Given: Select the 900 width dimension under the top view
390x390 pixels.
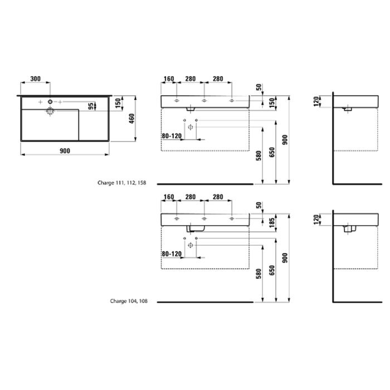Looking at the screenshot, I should click(x=64, y=151).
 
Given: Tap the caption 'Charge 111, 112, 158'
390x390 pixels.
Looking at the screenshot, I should click(x=122, y=182).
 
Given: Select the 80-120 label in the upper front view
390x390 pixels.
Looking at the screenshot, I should click(x=172, y=135).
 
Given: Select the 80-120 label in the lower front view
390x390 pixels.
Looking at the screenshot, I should click(x=172, y=254).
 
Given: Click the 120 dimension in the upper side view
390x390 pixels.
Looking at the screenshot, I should click(x=316, y=101).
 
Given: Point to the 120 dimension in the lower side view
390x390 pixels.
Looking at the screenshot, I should click(x=316, y=219).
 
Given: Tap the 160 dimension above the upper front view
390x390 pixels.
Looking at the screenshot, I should click(x=169, y=79).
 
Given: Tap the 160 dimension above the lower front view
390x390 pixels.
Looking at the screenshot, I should click(x=169, y=197).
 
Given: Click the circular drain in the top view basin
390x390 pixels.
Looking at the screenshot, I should click(x=50, y=111).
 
